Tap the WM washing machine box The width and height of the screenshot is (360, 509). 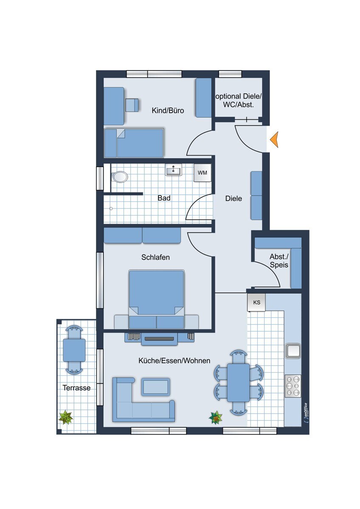[202, 173]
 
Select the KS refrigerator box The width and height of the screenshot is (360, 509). [256, 302]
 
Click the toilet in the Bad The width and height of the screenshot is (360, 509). [119, 176]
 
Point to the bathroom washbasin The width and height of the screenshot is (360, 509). [174, 171]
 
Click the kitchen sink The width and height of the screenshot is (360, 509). [293, 351]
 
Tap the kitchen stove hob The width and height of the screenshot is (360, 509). [293, 386]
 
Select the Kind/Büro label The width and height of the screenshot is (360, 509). [168, 111]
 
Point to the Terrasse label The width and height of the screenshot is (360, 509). [77, 388]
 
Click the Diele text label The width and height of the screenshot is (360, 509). [233, 199]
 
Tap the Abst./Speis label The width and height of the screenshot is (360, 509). [279, 261]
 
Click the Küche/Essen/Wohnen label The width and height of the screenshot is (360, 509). [174, 361]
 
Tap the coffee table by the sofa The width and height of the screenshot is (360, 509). [156, 386]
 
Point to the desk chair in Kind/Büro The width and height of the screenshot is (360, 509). [132, 105]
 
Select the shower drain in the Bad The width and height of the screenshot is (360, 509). [111, 208]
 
